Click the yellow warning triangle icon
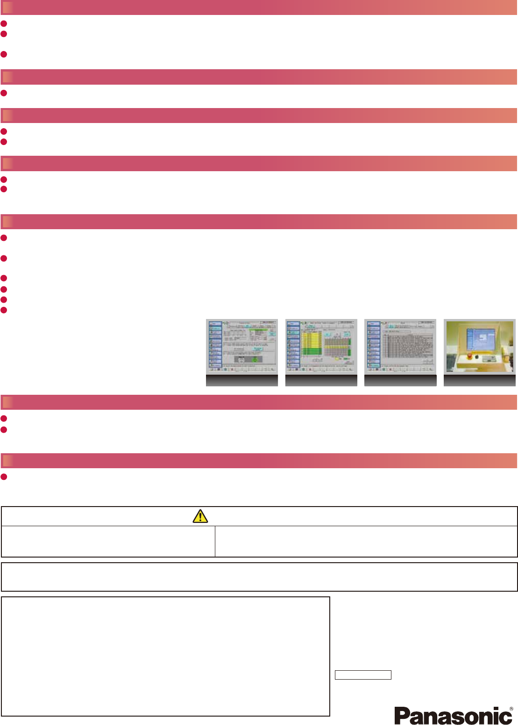pyautogui.click(x=200, y=516)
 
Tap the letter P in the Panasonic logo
pyautogui.click(x=402, y=716)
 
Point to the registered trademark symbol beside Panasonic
pyautogui.click(x=511, y=709)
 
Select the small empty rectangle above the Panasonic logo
pyautogui.click(x=363, y=675)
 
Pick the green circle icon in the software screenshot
pyautogui.click(x=255, y=360)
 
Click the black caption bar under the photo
pyautogui.click(x=479, y=381)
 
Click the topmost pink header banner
pyautogui.click(x=259, y=7)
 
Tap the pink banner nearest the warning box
pyautogui.click(x=259, y=461)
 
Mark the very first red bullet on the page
pyautogui.click(x=4, y=23)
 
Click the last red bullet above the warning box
pyautogui.click(x=4, y=477)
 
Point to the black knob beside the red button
pyautogui.click(x=476, y=357)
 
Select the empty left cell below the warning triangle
pyautogui.click(x=108, y=542)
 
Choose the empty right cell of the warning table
pyautogui.click(x=366, y=542)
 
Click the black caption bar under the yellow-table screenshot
pyautogui.click(x=321, y=381)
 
